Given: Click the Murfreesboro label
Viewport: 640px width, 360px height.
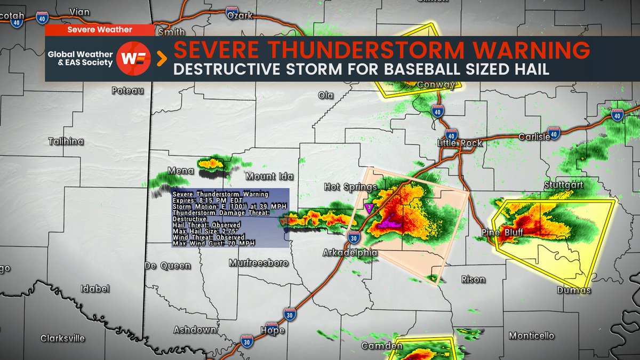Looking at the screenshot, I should tap(259, 263).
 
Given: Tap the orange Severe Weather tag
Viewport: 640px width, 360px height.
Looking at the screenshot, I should tap(100, 30).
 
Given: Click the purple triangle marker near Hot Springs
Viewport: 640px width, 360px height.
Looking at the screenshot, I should tap(368, 207).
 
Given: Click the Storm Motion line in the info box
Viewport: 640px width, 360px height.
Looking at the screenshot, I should tap(218, 206).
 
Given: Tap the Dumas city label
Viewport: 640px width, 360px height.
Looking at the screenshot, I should tap(574, 291).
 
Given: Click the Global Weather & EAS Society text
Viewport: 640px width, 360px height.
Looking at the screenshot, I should tap(81, 59).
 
